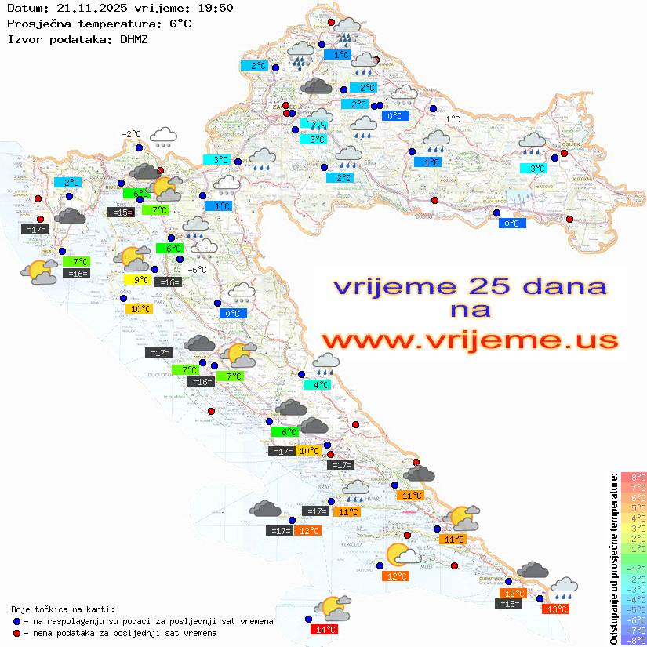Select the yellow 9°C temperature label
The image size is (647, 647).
[137, 280]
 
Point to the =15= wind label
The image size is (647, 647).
[120, 213]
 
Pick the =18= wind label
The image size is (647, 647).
[508, 604]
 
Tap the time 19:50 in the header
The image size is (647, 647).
[214, 8]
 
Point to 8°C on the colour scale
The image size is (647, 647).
[633, 478]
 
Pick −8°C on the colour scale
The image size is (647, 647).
[633, 641]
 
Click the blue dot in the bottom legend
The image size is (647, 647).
[16, 621]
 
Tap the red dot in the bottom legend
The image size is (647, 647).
[16, 633]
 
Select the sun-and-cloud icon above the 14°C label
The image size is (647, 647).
[332, 608]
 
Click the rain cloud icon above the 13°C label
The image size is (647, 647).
[564, 586]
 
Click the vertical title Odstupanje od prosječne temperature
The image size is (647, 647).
[613, 558]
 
